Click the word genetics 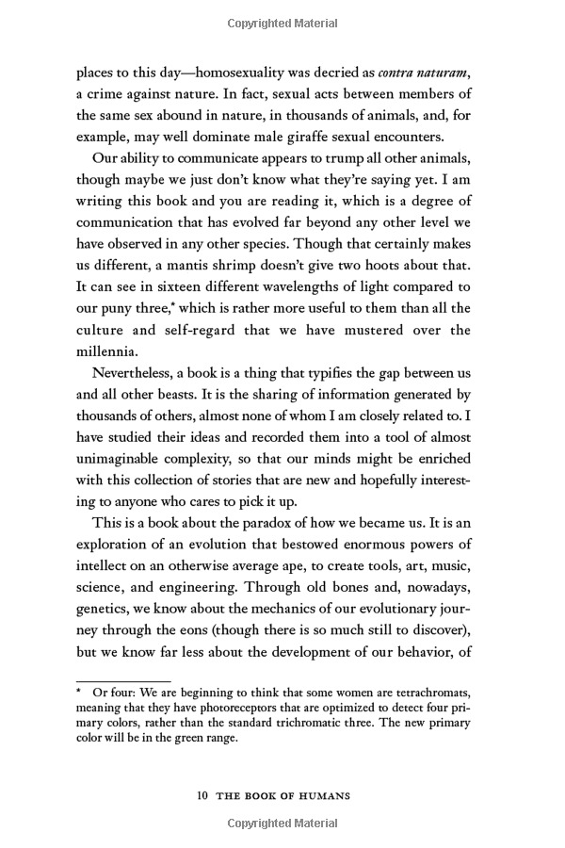[x=107, y=646]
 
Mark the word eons [x=211, y=671]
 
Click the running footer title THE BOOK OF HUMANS [x=283, y=796]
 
